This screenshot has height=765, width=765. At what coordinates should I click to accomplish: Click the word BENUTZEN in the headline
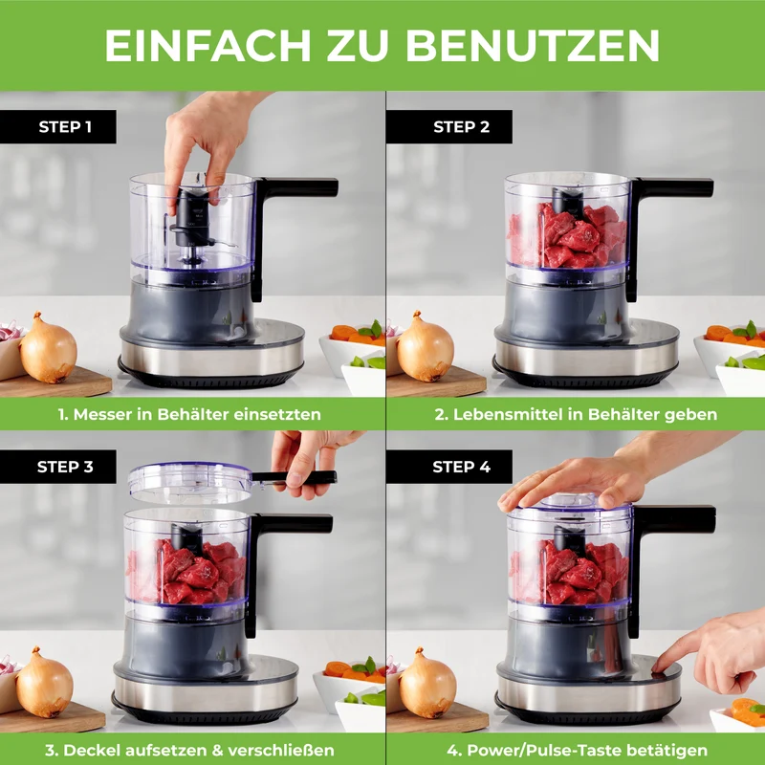coord(533,45)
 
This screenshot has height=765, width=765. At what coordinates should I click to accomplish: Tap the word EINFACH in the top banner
coord(208,45)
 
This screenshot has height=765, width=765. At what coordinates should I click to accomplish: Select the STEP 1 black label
coord(58,127)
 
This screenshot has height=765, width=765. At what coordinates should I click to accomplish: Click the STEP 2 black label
coord(448,127)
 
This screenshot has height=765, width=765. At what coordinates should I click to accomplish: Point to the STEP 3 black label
coord(58,467)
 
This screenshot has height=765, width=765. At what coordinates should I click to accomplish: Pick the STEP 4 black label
coord(448,467)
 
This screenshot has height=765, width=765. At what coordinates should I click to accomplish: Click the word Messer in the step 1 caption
coord(102,414)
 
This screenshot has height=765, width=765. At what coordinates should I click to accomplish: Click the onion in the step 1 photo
coord(48,347)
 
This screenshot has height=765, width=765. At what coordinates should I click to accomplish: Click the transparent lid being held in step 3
coord(190,483)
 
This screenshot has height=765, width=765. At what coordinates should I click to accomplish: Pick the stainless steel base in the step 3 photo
coord(206,688)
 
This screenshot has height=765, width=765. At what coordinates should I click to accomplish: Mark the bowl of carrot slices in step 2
coord(730,344)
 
